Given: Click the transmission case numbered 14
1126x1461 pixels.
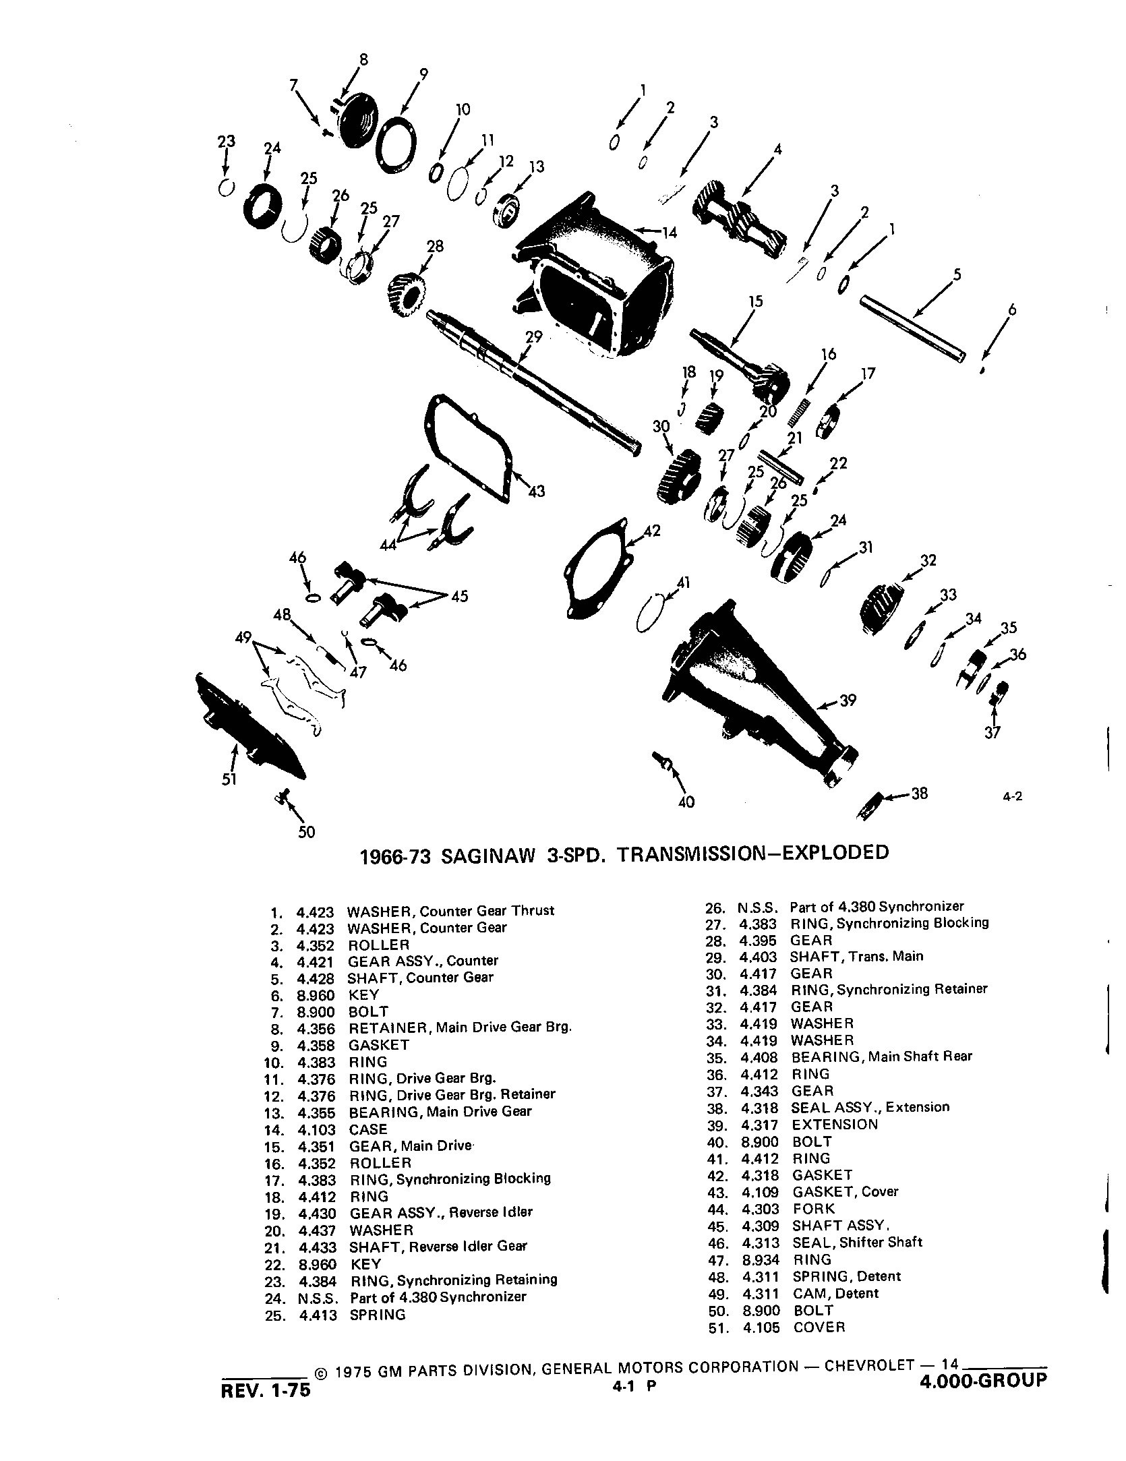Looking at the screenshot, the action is (x=593, y=276).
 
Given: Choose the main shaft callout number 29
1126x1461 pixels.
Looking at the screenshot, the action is (x=533, y=336).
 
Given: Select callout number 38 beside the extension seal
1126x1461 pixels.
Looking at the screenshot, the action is (x=919, y=794).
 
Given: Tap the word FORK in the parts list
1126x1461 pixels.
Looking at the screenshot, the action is (x=814, y=1209).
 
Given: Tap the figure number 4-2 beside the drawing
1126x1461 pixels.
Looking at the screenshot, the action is (x=1013, y=796).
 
